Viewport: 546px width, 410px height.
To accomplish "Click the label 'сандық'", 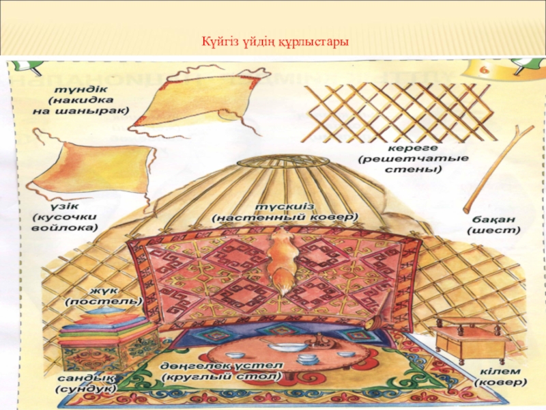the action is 81,377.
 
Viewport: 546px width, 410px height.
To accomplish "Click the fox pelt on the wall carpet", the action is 282,260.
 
